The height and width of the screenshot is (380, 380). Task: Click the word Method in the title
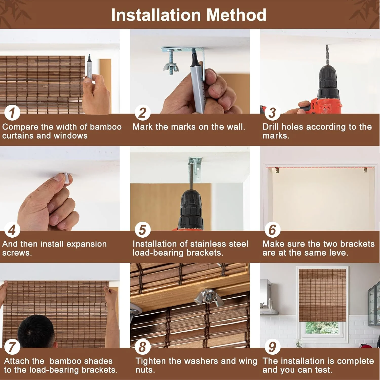236,15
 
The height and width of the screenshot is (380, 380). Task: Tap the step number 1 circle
12,113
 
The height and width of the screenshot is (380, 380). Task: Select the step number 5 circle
142,230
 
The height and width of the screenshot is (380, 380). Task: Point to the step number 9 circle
272,347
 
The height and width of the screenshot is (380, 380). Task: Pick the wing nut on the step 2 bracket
171,67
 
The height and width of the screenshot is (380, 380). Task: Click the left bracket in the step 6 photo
277,170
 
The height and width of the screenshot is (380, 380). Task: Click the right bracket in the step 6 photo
365,170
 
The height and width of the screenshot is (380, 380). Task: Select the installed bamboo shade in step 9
322,295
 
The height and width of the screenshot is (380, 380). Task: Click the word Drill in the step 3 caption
271,127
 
